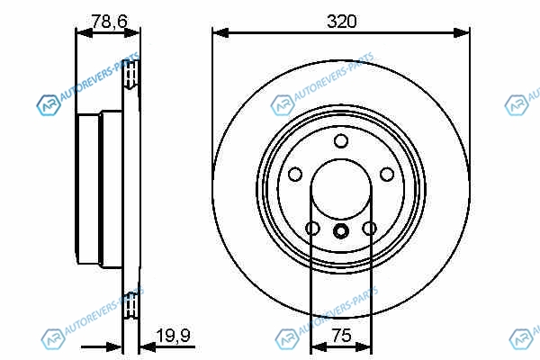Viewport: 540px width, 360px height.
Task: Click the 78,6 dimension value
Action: tap(109, 22)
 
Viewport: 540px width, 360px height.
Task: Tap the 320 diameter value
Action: tap(341, 22)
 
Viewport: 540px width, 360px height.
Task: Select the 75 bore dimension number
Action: tap(341, 335)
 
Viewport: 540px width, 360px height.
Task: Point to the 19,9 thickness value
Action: tap(173, 336)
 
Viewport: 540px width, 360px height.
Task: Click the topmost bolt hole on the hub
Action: tap(341, 141)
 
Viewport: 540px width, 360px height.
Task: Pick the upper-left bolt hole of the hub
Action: tap(295, 175)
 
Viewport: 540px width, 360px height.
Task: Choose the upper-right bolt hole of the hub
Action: tap(387, 175)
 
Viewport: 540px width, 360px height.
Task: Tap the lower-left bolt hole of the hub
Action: tap(312, 229)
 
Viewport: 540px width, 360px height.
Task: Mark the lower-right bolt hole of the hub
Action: tap(370, 229)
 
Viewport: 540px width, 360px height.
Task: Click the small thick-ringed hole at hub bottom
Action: tap(341, 230)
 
